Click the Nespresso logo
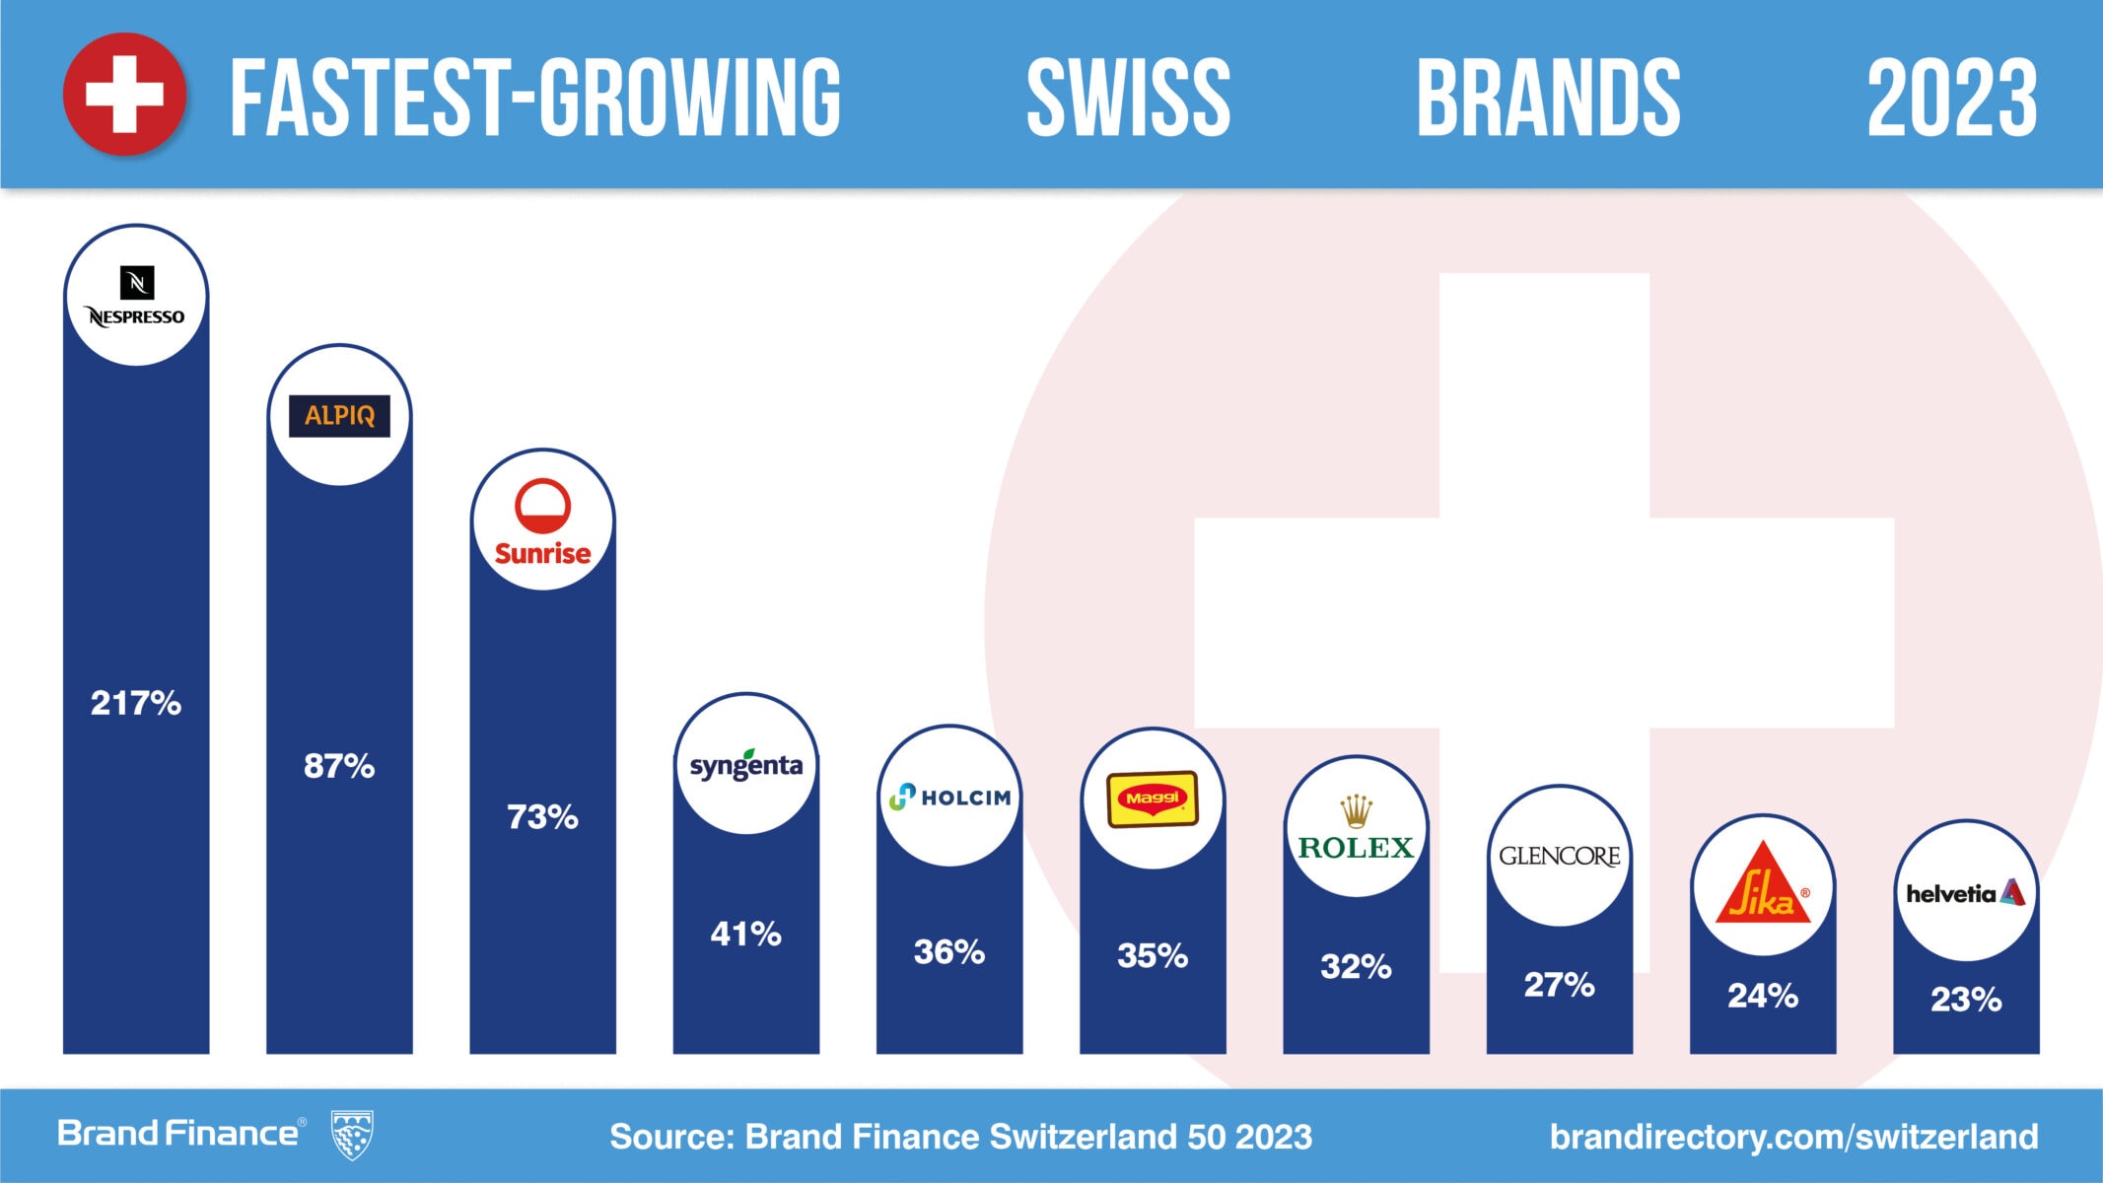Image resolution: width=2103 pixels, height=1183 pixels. [x=136, y=297]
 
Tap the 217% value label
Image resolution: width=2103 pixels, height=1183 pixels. [x=136, y=703]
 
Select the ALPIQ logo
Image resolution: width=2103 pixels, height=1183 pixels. [x=339, y=415]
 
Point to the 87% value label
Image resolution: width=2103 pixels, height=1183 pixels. [x=339, y=766]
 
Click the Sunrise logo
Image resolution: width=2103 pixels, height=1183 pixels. [x=542, y=522]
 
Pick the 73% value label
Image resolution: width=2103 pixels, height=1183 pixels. [x=542, y=817]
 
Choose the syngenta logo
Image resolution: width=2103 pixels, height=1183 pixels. [x=746, y=765]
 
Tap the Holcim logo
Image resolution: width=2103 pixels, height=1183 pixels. [x=949, y=797]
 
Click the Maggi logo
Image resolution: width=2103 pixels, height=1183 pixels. [x=1153, y=799]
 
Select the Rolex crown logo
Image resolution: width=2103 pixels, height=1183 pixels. [x=1357, y=812]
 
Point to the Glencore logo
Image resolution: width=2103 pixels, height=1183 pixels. [x=1560, y=856]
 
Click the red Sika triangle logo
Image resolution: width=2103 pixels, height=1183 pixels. [x=1763, y=885]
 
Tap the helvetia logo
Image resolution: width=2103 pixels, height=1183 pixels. [x=1966, y=893]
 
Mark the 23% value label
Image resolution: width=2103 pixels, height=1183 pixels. [x=1966, y=1000]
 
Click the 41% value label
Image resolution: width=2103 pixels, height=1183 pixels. [x=746, y=934]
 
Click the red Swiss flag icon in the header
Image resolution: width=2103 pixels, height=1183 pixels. [x=124, y=95]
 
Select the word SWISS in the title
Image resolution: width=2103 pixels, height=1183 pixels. [x=1129, y=97]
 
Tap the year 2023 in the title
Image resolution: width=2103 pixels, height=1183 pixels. [x=1952, y=97]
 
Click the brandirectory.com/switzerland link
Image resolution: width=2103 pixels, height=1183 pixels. [x=1793, y=1137]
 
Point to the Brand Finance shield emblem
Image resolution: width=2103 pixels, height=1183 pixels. [x=352, y=1135]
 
